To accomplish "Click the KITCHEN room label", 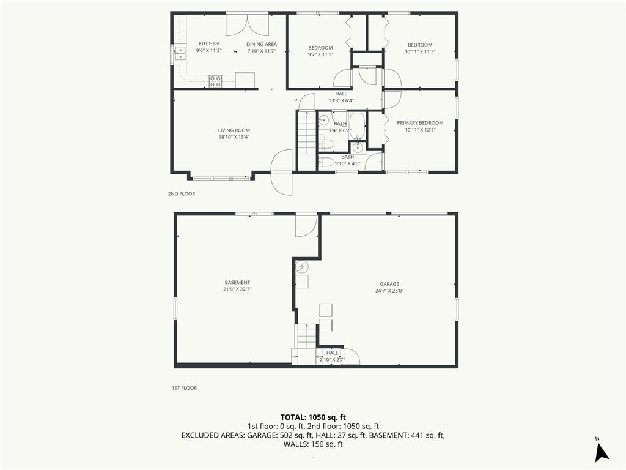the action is (x=209, y=43).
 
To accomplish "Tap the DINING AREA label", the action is (x=262, y=44).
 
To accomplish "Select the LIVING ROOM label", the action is (x=234, y=130).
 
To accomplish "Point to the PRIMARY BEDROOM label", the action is (x=420, y=123).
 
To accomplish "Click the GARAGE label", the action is (x=389, y=284).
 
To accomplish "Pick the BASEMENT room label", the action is (x=237, y=283).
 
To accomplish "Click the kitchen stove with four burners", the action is (x=216, y=81).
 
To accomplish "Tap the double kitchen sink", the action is (x=180, y=53).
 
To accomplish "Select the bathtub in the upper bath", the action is (x=357, y=125).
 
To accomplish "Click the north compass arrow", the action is (x=602, y=452).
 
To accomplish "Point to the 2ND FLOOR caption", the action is (x=182, y=194).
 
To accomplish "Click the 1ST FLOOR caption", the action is (x=184, y=388).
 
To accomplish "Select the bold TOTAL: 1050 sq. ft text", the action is (x=313, y=417).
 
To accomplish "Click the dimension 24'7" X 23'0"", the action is (x=389, y=291).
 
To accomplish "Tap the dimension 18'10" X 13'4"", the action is (x=234, y=137).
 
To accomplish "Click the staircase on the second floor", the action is (x=307, y=140).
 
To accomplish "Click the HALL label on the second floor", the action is (x=341, y=94).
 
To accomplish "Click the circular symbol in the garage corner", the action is (x=302, y=266).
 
